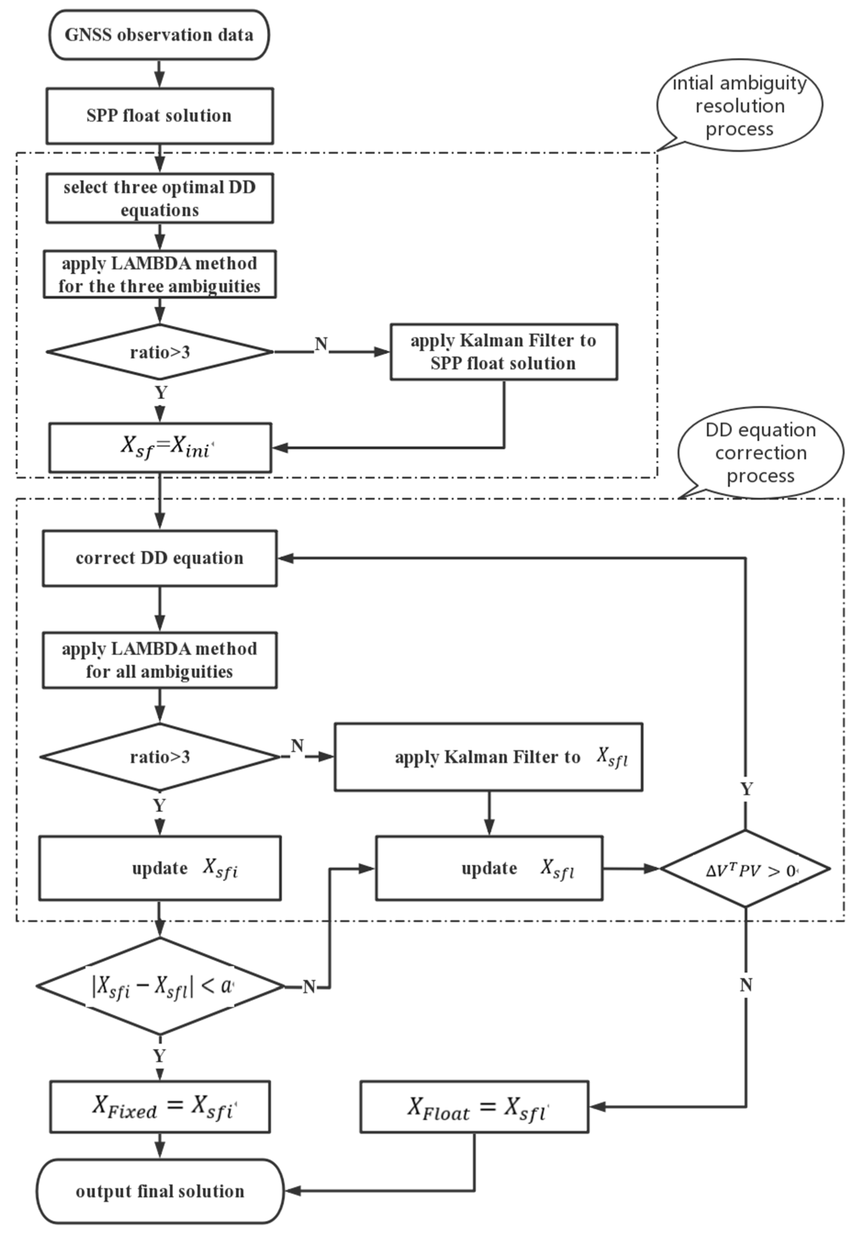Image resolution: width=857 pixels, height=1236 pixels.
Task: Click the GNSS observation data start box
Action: point(159,35)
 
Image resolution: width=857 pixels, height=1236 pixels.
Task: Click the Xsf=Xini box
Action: point(160,447)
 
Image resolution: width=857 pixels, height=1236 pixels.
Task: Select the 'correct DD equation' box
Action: point(159,558)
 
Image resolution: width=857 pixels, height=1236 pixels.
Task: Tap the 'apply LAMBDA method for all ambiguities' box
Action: point(159,660)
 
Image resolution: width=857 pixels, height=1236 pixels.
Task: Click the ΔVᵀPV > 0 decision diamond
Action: point(745,869)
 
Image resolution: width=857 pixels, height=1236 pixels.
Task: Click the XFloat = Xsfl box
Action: point(474,1107)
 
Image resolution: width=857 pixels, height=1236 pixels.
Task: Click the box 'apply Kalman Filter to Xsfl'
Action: point(488,757)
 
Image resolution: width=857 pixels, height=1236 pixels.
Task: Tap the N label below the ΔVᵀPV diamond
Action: point(746,985)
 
